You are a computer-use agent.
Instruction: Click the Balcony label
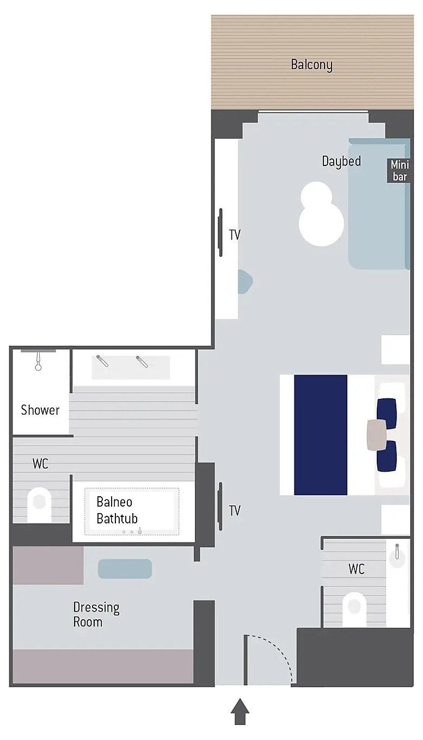[x=311, y=65]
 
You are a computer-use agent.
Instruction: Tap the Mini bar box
[x=399, y=170]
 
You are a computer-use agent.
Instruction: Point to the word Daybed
[x=341, y=161]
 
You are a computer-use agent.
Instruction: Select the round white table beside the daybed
[x=321, y=214]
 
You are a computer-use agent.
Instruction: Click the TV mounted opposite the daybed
[x=220, y=232]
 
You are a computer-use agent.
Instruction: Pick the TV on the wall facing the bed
[x=220, y=506]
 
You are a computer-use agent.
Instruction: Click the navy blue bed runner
[x=321, y=435]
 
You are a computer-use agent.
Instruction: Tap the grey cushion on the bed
[x=377, y=435]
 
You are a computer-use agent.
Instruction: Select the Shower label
[x=40, y=410]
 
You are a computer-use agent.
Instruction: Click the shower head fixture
[x=38, y=361]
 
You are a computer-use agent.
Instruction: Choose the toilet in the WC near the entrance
[x=354, y=609]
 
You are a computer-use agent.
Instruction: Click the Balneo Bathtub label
[x=117, y=510]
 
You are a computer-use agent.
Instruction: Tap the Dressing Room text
[x=96, y=614]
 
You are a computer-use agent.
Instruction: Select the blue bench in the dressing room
[x=125, y=569]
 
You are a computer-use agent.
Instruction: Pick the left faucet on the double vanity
[x=102, y=361]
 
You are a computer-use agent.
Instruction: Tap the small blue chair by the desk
[x=245, y=281]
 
